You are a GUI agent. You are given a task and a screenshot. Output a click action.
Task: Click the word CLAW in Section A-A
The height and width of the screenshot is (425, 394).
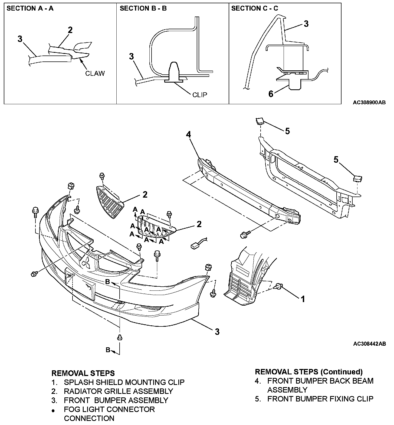tap(95, 73)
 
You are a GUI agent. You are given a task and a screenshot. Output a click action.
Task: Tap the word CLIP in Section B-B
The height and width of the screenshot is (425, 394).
tap(199, 95)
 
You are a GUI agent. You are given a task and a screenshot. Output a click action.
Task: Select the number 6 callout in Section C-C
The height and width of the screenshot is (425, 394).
tap(271, 94)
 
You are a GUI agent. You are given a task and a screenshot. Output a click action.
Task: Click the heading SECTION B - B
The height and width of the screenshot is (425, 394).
tap(143, 8)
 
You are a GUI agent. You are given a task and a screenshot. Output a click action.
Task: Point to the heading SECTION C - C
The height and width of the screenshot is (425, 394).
tap(254, 8)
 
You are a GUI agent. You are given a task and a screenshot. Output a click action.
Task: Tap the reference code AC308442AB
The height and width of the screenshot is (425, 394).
tap(369, 344)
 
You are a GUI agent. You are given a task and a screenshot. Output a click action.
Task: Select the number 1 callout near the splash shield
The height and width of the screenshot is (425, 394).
tap(303, 299)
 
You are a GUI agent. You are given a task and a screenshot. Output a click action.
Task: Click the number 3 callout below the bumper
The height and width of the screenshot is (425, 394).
tap(217, 331)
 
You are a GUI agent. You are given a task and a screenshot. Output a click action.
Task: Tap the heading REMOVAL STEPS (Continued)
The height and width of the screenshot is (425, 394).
tap(309, 371)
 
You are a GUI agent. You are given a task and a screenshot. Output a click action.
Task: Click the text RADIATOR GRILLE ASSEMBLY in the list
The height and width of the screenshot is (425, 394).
tap(118, 391)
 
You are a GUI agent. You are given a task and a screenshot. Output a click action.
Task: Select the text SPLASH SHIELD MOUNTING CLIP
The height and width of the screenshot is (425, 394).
tap(124, 382)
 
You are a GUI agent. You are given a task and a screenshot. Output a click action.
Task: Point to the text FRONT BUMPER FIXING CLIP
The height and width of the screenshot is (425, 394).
tap(320, 398)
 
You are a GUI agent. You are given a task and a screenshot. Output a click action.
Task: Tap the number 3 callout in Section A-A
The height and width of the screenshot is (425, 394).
tap(20, 39)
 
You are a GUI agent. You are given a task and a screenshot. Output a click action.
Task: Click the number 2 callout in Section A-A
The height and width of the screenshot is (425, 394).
tap(70, 30)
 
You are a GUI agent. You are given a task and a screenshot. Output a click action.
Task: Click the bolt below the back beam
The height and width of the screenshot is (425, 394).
tap(243, 234)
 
